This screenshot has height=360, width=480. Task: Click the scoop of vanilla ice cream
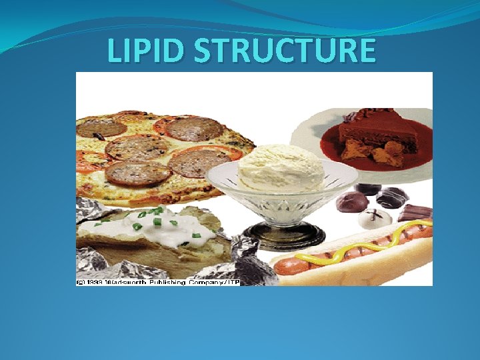[x=281, y=167]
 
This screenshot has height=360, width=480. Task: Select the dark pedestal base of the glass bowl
[x=283, y=235]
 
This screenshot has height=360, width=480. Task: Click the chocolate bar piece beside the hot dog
[x=415, y=213]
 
